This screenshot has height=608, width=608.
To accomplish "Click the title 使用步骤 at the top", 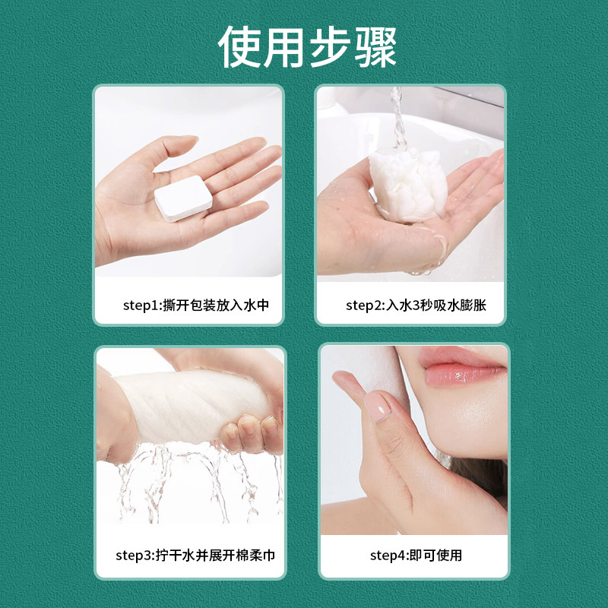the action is coord(307,47).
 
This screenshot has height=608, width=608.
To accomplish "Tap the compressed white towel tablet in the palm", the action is coord(183,198).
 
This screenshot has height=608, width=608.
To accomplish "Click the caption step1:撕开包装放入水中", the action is coord(196,306).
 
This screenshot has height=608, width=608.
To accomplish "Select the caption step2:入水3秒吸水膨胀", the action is coord(416,306).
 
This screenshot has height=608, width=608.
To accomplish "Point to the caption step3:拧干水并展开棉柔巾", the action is coord(195,556).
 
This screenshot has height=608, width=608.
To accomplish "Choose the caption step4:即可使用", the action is coord(416,556).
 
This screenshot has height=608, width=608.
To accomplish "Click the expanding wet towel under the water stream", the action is coord(408,185).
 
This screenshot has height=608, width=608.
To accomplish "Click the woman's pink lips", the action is coord(462,367).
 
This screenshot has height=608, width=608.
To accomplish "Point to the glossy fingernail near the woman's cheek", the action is coord(378,405).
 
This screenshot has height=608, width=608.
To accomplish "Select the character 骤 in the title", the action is coord(375,47).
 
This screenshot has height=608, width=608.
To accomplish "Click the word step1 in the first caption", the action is coord(141,306).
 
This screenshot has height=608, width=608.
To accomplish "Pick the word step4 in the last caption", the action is coord(388,556).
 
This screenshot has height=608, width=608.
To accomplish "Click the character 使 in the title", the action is coord(239,47).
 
